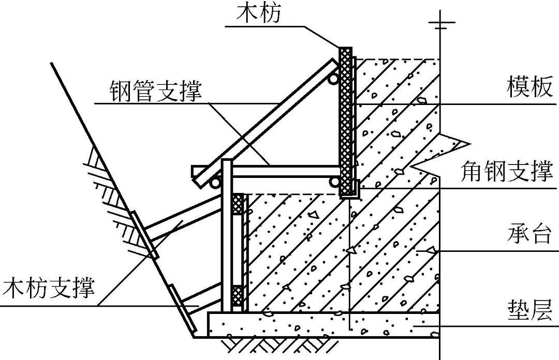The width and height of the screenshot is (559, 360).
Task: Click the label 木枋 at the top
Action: point(259,13)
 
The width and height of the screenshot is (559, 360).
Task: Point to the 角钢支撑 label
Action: point(507,171)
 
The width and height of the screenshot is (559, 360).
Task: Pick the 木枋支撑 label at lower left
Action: point(49,288)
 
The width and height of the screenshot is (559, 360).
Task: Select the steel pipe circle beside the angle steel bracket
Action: point(335,181)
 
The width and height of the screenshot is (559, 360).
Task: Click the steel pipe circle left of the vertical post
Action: point(215,182)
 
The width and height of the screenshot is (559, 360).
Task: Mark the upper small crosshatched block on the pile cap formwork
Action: point(238,205)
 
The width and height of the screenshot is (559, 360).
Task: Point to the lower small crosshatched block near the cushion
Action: point(238,296)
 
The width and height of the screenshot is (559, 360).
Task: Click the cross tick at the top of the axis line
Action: point(439,23)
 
